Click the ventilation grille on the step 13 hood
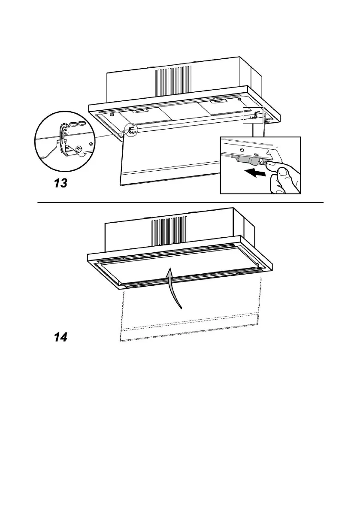click(x=173, y=80)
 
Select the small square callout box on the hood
click(x=252, y=115)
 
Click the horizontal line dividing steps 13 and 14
click(x=180, y=202)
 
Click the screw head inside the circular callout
click(x=78, y=148)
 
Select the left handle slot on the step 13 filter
click(x=139, y=111)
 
